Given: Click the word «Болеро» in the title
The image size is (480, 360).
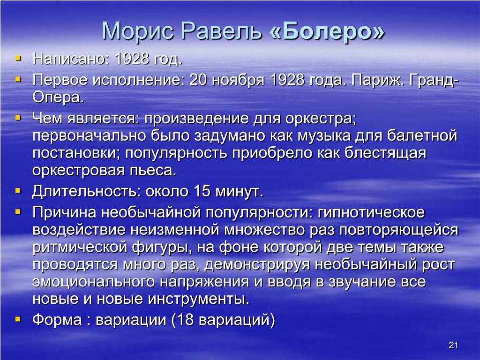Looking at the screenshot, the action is [327, 31].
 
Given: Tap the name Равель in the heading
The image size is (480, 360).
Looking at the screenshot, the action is [222, 31].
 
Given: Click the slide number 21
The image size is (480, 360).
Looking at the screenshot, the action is [453, 345].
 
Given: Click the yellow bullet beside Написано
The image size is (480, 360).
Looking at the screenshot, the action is [18, 58].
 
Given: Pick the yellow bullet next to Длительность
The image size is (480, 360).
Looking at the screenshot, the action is [18, 191].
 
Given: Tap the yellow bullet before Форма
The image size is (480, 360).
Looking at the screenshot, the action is [18, 320].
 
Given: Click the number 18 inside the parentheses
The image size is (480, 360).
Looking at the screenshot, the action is [185, 320].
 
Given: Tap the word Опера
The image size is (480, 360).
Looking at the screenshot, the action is [58, 97].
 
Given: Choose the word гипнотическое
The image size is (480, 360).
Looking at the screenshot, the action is [371, 212].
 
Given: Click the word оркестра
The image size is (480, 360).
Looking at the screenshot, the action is [321, 119].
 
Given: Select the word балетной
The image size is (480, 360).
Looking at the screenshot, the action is [422, 135].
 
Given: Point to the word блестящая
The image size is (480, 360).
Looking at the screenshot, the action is [385, 153].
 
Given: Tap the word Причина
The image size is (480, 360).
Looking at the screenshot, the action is [65, 212].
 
